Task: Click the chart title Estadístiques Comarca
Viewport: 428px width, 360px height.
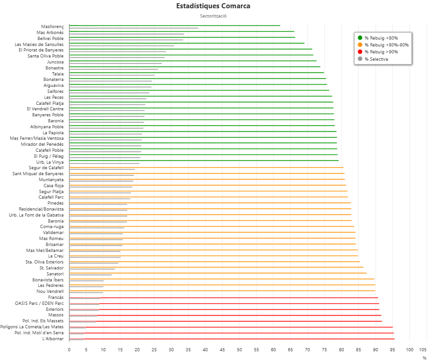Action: click(213, 6)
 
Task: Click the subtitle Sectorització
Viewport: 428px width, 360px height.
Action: click(213, 16)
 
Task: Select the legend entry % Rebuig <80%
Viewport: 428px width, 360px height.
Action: click(381, 38)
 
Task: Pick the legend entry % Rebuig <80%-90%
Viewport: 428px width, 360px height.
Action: click(386, 45)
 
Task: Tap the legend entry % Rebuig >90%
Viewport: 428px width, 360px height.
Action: click(381, 51)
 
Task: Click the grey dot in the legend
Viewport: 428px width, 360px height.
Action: click(360, 59)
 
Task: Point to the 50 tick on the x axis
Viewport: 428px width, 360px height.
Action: click(240, 349)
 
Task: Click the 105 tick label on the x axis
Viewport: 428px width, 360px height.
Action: click(423, 349)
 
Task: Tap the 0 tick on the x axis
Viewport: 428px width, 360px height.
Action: click(69, 349)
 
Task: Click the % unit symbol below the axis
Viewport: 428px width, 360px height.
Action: click(424, 357)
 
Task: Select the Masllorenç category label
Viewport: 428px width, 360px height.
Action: click(52, 27)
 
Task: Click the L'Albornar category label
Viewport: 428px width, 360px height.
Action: click(53, 339)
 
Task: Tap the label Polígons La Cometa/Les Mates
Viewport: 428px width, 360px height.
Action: click(32, 327)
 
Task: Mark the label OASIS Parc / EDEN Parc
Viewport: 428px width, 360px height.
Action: click(40, 303)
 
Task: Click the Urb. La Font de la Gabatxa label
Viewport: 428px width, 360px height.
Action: click(36, 215)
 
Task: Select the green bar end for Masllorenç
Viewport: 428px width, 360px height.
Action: click(280, 25)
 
